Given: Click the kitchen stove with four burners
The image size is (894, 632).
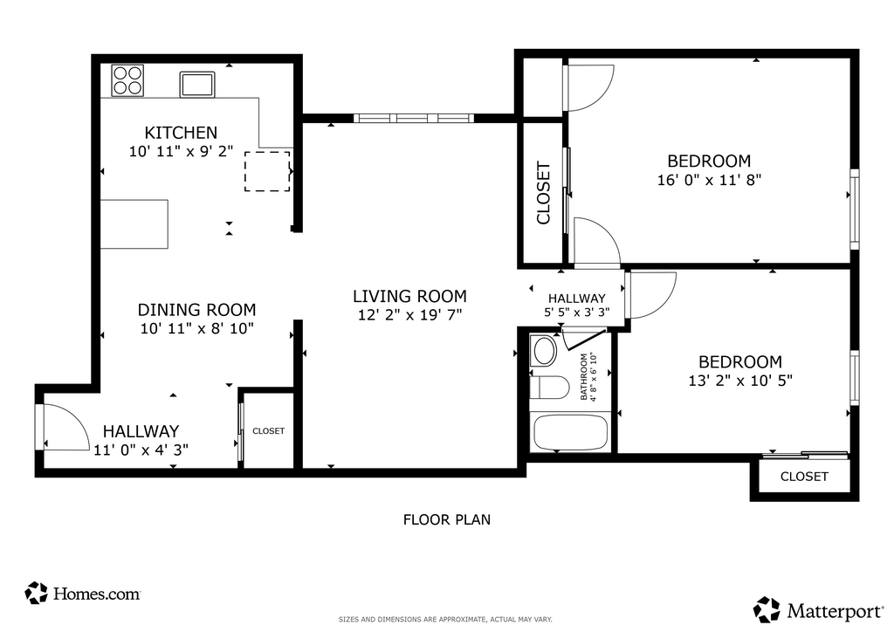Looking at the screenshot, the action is (x=127, y=80).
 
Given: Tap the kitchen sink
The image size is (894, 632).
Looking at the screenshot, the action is (x=197, y=85).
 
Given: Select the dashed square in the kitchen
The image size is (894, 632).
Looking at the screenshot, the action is (x=267, y=171).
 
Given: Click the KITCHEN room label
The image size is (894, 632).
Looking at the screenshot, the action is (x=181, y=133).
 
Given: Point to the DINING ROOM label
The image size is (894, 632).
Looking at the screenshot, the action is (x=196, y=310).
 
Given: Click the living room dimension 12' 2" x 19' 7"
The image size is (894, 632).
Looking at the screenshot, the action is (x=410, y=314).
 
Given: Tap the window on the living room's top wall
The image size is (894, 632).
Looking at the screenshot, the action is (x=413, y=118).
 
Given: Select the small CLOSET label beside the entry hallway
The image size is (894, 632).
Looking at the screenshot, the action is (x=269, y=431).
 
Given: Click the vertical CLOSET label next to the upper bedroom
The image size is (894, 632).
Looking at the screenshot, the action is (x=543, y=193).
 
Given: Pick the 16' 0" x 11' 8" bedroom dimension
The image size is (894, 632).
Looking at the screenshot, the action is (x=709, y=180).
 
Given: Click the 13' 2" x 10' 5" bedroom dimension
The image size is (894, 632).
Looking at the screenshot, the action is (x=740, y=380).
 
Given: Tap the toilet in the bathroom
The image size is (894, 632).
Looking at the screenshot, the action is (x=549, y=388).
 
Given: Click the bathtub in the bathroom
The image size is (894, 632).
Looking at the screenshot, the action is (x=570, y=432).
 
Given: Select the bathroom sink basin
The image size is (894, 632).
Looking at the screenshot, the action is (x=543, y=351).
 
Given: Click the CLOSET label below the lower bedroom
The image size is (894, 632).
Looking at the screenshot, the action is (x=804, y=477).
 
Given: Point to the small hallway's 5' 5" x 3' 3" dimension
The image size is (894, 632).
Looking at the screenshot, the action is (x=577, y=313).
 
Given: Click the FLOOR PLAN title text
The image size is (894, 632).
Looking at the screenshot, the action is (x=447, y=519).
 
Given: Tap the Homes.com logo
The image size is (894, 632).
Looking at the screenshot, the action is (x=83, y=594).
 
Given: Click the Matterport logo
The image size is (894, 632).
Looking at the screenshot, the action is (x=819, y=610).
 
